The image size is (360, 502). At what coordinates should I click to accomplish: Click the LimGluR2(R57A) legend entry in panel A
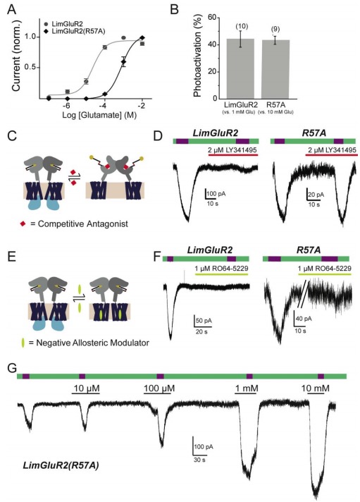tap(75, 31)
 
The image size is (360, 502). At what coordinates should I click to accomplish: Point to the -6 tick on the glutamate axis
tap(66, 106)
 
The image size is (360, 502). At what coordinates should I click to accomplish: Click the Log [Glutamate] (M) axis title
tap(99, 116)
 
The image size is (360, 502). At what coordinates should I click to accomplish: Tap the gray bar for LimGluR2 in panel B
tap(241, 68)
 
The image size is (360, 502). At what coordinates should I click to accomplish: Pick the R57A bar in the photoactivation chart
tap(275, 69)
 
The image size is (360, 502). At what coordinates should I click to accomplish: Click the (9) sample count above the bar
tap(275, 29)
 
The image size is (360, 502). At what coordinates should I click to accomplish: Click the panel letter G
tap(12, 368)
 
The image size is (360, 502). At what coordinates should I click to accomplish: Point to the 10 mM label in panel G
tap(316, 388)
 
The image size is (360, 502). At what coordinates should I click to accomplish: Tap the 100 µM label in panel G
tap(159, 388)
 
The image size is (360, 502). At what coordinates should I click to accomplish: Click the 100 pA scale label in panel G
tap(204, 446)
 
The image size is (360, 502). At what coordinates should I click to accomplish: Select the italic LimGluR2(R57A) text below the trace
tap(61, 465)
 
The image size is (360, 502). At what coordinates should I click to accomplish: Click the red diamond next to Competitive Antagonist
tap(23, 224)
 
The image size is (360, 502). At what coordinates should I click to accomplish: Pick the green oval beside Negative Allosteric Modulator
tap(23, 343)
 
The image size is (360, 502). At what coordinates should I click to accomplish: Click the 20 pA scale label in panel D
tap(316, 195)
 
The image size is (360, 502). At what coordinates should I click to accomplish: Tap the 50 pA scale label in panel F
tap(204, 321)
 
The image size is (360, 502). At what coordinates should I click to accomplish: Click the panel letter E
tap(11, 257)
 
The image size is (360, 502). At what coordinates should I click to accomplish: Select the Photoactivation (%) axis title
tap(197, 56)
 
